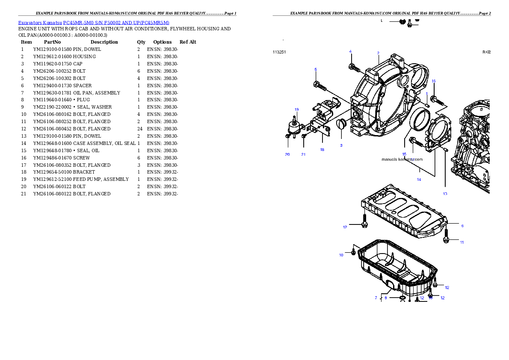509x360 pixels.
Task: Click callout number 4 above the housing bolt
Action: [x=350, y=51]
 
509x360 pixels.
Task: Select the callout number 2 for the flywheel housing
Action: [x=378, y=53]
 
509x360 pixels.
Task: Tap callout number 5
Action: [x=316, y=69]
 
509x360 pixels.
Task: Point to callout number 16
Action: [x=434, y=81]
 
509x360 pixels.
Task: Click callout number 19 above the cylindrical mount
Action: [x=296, y=109]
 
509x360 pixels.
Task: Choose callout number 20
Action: [x=287, y=154]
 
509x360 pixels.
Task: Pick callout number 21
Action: [x=303, y=154]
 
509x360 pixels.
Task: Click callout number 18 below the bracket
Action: [x=322, y=150]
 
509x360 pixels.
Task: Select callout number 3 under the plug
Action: [x=341, y=145]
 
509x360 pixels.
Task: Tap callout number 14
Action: [x=419, y=180]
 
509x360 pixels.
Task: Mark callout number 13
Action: [x=445, y=194]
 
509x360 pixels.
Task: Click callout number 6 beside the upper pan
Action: [x=462, y=226]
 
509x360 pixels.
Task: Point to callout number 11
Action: [x=462, y=242]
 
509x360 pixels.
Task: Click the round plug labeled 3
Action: [x=341, y=124]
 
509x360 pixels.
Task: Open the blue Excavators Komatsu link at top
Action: [x=94, y=22]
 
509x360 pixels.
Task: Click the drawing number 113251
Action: [x=279, y=52]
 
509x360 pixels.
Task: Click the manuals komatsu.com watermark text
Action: [x=402, y=159]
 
